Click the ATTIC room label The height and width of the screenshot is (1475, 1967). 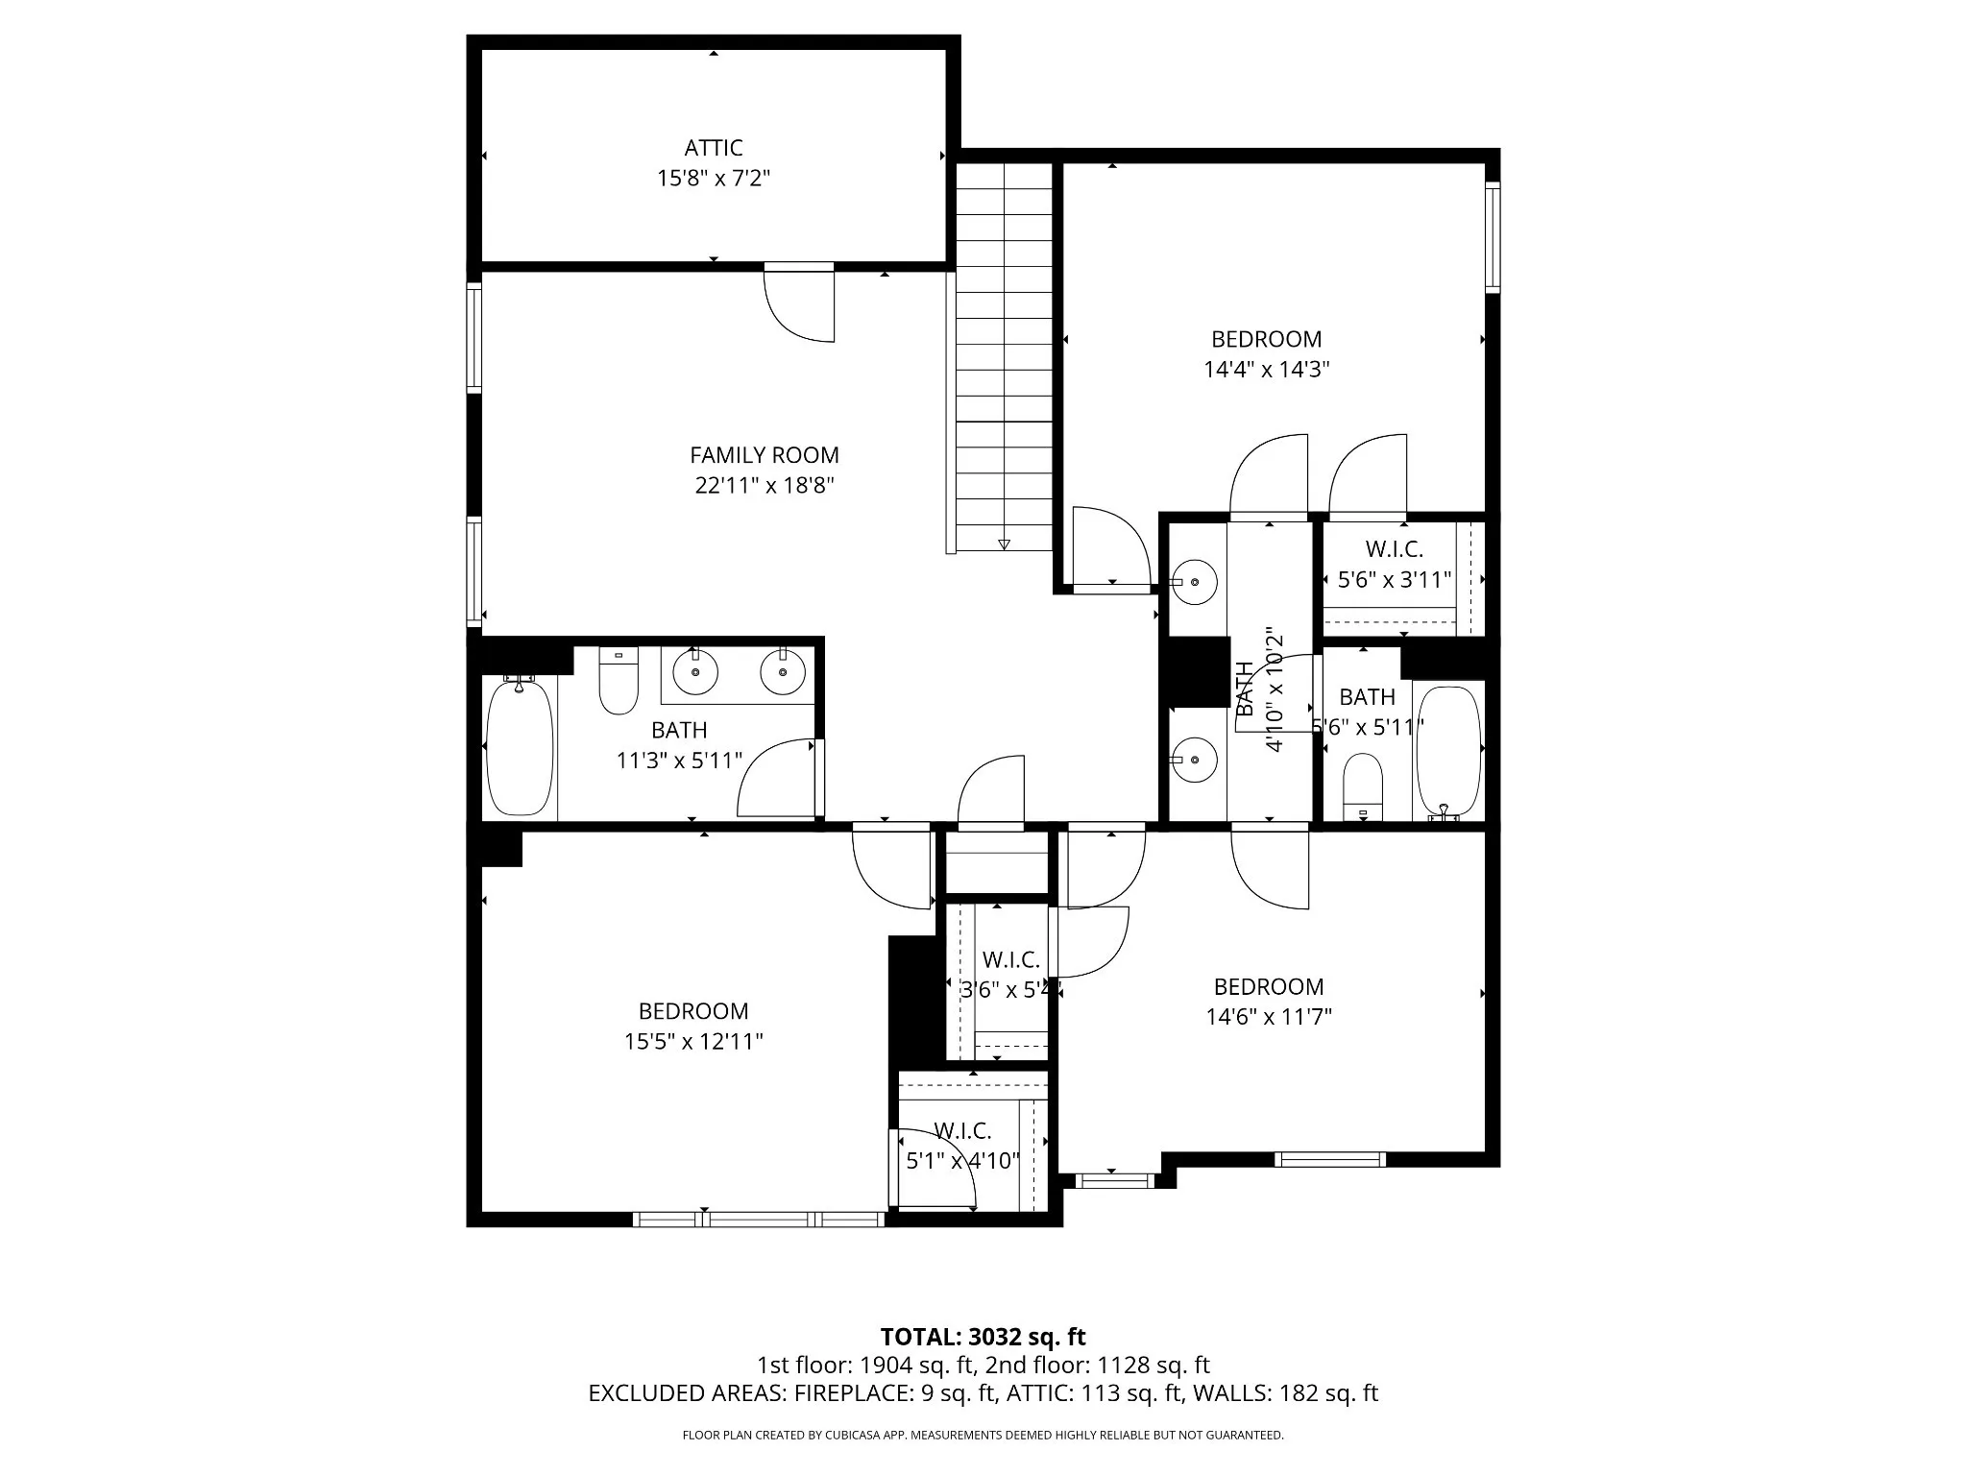pos(713,148)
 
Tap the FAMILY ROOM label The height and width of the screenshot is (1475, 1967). pos(765,455)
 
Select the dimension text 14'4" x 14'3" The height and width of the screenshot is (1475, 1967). pos(1266,370)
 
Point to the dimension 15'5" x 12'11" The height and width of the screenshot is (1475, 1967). pos(693,1042)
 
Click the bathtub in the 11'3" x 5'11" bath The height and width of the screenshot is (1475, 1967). pos(521,746)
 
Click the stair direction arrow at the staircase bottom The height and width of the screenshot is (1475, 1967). pos(1004,544)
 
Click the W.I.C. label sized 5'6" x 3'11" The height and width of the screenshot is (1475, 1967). pos(1394,549)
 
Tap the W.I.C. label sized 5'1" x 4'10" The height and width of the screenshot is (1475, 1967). pos(962,1131)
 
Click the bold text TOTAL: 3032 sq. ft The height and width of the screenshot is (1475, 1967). pos(983,1337)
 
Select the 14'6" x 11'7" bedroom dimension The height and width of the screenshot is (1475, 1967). pos(1269,1017)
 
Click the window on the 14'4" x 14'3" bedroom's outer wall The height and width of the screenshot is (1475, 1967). pos(1492,236)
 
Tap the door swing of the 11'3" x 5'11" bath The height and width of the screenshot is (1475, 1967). pos(776,778)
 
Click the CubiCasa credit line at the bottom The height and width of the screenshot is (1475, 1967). pos(983,1436)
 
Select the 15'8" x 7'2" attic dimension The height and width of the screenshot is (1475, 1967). pos(714,179)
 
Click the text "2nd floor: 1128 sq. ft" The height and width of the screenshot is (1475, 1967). pos(1098,1366)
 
